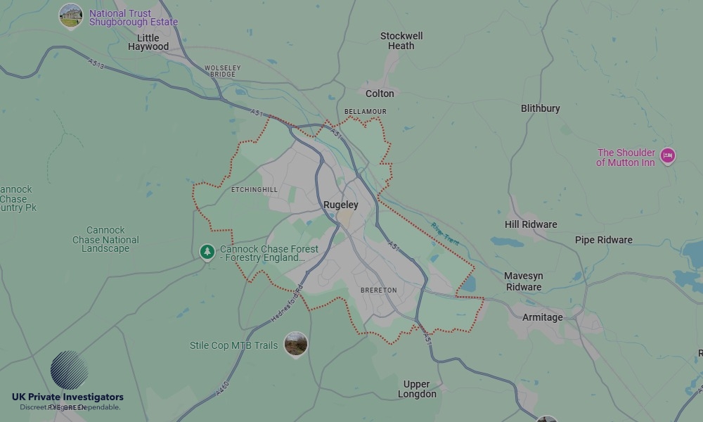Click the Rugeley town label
tap(340, 205)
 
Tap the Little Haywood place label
tap(148, 42)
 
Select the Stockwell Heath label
tap(401, 41)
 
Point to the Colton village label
tap(380, 94)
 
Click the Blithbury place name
tap(541, 108)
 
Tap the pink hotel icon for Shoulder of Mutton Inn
tap(667, 155)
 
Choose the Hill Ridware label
tap(531, 225)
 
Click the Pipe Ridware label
tap(604, 240)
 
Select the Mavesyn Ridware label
tap(524, 281)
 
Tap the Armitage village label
tap(543, 317)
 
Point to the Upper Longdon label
tap(417, 389)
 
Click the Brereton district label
tap(379, 290)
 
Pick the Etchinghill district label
tap(254, 190)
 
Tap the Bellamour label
tap(366, 112)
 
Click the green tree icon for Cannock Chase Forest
tap(207, 252)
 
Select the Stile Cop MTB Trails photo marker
tap(296, 344)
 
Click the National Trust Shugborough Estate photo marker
tap(70, 15)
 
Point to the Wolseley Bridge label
tap(222, 71)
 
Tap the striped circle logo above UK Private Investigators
tap(69, 370)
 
